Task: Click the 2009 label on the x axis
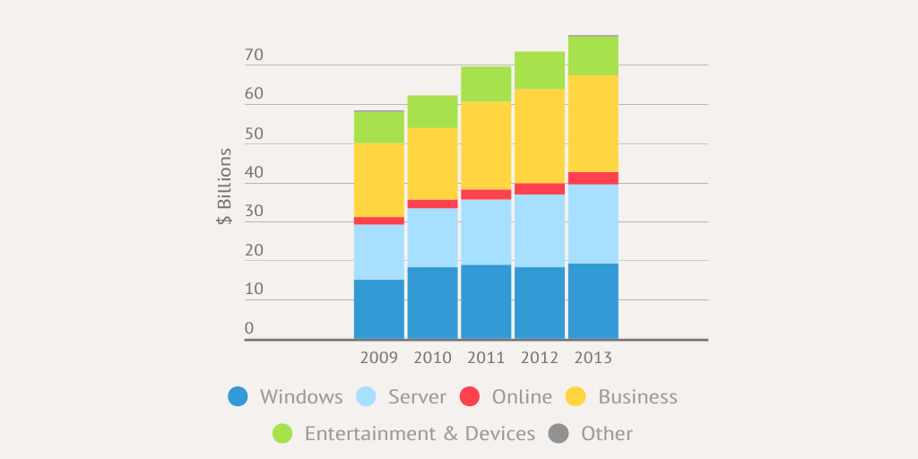point(378,358)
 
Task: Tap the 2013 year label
point(593,358)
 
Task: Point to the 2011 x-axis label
point(486,358)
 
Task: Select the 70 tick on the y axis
point(254,56)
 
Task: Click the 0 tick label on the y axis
point(249,328)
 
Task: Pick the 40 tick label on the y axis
point(254,173)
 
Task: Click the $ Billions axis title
point(225,186)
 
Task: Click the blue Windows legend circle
point(238,397)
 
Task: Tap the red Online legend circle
point(470,397)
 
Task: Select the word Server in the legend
point(417,397)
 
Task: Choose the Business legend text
point(637,397)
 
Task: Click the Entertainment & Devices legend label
point(420,434)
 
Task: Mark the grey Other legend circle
point(559,434)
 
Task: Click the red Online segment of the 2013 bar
point(593,178)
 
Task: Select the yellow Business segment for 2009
point(378,179)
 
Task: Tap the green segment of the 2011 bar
point(486,83)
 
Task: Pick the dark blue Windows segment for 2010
point(432,302)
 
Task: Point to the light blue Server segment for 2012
point(539,230)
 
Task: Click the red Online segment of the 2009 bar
point(378,221)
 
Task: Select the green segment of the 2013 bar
point(593,56)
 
